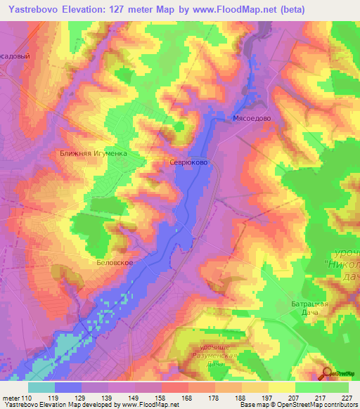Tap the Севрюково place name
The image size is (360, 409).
click(188, 161)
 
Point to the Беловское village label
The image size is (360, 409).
click(114, 261)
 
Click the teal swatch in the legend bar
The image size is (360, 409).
click(41, 387)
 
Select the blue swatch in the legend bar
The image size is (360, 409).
click(68, 387)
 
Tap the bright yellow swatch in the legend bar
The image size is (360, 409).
click(281, 387)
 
